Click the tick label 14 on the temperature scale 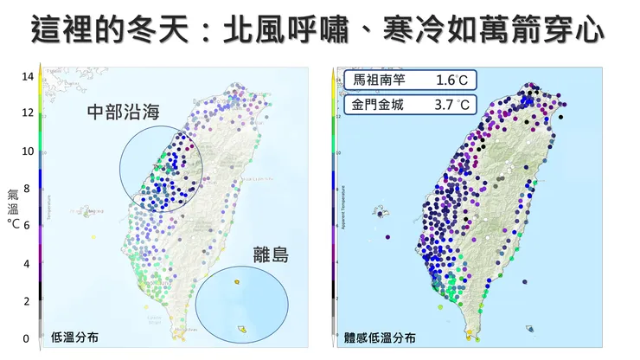pyautogui.click(x=28, y=76)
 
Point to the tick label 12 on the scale pyautogui.click(x=28, y=113)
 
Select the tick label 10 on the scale pyautogui.click(x=28, y=151)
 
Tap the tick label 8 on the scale pyautogui.click(x=28, y=189)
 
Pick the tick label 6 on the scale pyautogui.click(x=28, y=226)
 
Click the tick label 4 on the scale pyautogui.click(x=28, y=263)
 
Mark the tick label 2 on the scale pyautogui.click(x=28, y=301)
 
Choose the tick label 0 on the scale pyautogui.click(x=28, y=338)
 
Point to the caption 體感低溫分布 pyautogui.click(x=381, y=338)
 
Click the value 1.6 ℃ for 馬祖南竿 pyautogui.click(x=452, y=80)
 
